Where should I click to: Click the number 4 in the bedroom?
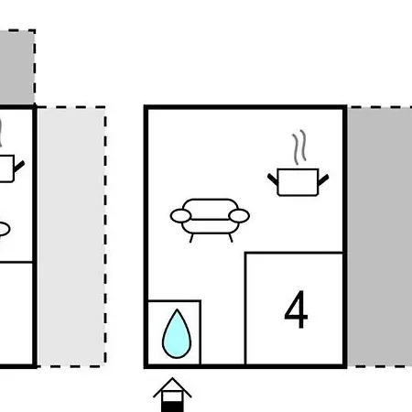click(296, 309)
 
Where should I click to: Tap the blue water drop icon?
click(177, 334)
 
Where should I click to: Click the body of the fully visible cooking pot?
click(298, 182)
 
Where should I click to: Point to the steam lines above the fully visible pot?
click(299, 147)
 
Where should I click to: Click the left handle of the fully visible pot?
click(273, 179)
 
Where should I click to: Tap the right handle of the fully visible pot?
click(323, 179)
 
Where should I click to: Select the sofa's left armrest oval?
click(181, 216)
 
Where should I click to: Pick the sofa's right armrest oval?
click(239, 216)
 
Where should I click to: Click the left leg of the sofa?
click(191, 238)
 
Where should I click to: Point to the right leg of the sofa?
click(231, 238)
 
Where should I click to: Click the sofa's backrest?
click(211, 209)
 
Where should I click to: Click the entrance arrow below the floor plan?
click(172, 395)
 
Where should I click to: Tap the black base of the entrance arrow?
click(172, 407)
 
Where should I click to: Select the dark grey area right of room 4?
click(380, 237)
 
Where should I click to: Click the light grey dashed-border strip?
click(71, 237)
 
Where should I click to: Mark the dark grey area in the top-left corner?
click(17, 67)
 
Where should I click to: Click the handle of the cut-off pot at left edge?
click(19, 167)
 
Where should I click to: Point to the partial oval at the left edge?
click(5, 229)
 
